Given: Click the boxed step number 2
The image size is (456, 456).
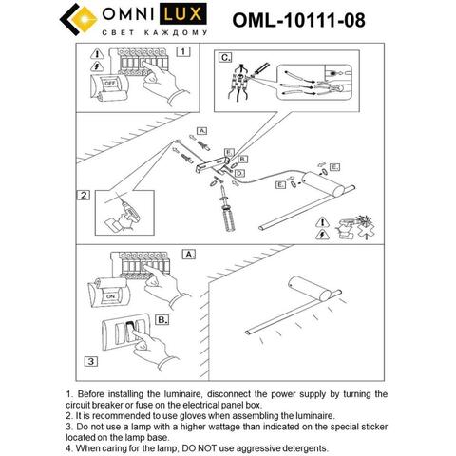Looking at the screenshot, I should [x=84, y=196].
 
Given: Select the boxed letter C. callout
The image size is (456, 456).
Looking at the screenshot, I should [x=225, y=56].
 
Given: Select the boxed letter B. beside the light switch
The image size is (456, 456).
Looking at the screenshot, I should [x=162, y=319].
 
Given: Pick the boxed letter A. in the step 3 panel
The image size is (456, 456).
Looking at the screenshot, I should [x=187, y=255].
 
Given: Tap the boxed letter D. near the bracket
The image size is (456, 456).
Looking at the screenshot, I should [x=240, y=175].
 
